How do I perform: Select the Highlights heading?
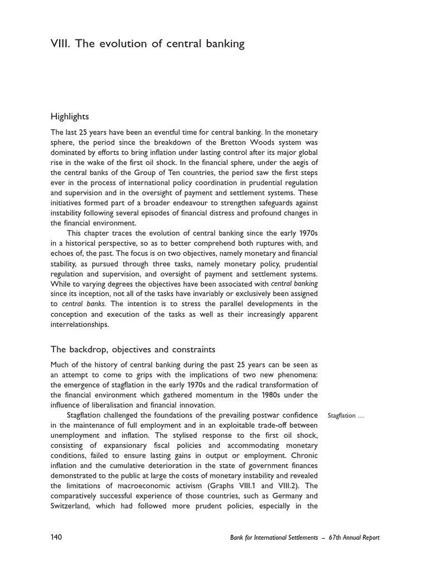[x=70, y=117]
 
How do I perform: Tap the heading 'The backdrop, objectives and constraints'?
[x=133, y=350]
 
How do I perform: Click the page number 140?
[x=56, y=538]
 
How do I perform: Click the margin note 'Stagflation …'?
[x=346, y=416]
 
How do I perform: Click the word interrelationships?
[x=80, y=324]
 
